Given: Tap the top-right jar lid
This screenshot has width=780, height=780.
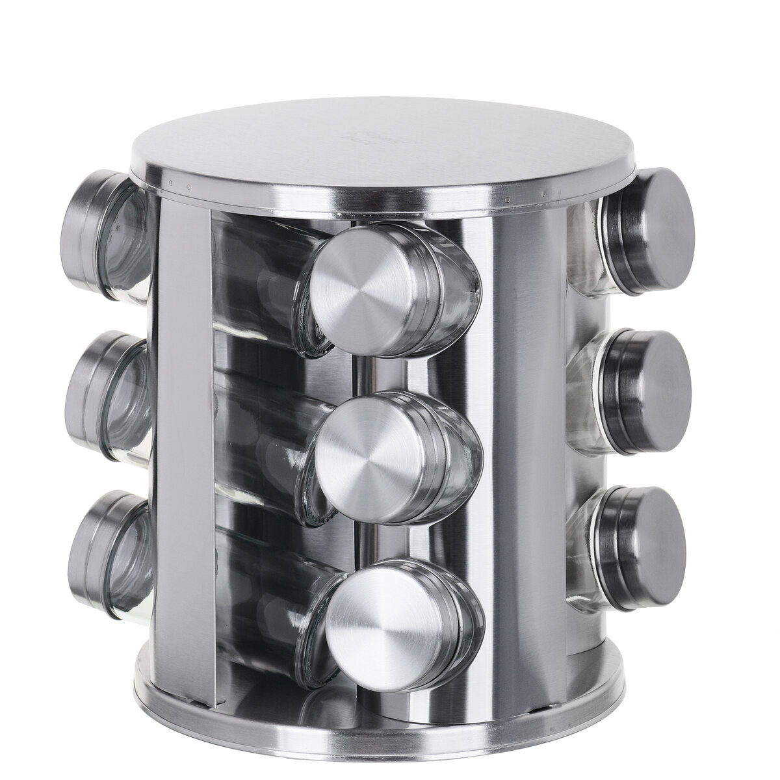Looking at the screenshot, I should pos(656,224).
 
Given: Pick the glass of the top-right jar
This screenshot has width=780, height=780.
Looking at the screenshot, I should pos(588,247).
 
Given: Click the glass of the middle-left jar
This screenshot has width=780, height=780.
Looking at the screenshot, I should pos(130,403).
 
